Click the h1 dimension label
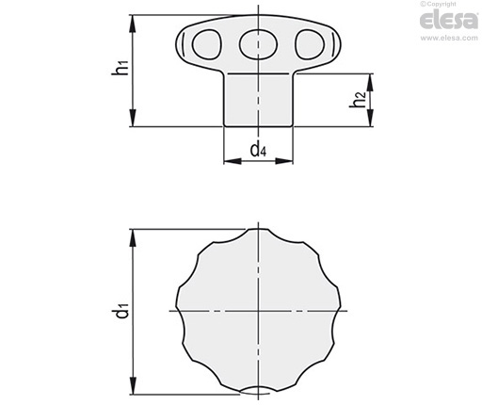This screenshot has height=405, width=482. coord(120,68)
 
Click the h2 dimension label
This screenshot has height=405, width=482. coord(358,100)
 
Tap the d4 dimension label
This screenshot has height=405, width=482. coord(258,149)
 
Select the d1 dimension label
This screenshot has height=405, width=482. coord(121,310)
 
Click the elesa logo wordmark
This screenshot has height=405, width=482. coord(449,20)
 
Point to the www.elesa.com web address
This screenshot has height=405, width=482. coord(449,39)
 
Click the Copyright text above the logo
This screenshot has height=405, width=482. coord(438,4)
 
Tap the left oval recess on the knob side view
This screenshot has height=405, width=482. coord(207,44)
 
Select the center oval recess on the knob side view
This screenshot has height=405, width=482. coord(258,44)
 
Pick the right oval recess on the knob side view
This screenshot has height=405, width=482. coord(310,44)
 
